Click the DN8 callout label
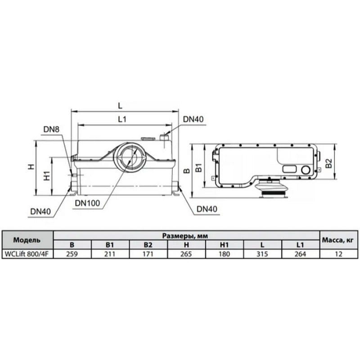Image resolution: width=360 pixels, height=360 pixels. point(51,129)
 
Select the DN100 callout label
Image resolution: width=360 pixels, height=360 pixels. point(87,203)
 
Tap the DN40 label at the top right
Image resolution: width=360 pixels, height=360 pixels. point(193,119)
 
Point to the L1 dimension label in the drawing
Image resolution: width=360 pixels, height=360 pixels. point(122,119)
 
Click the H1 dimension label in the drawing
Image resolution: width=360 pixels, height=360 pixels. point(47,175)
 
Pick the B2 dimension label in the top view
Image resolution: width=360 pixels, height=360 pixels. point(329,163)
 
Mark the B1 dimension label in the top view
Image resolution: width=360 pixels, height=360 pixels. point(198,167)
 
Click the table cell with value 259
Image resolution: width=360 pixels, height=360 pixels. point(72,254)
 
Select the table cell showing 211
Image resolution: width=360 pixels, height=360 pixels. point(110,254)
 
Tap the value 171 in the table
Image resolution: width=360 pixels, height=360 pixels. point(148,254)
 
